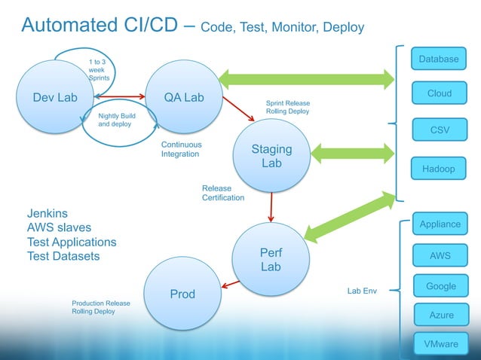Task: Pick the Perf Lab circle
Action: (271, 260)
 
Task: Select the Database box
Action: (439, 59)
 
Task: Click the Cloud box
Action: (439, 93)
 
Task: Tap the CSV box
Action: (439, 130)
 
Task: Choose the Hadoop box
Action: (439, 169)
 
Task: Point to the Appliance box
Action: (440, 223)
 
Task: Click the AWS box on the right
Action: (440, 255)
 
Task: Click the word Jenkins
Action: (47, 212)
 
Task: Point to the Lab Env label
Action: (361, 290)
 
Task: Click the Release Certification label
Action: (222, 193)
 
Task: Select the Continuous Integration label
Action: (181, 148)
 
